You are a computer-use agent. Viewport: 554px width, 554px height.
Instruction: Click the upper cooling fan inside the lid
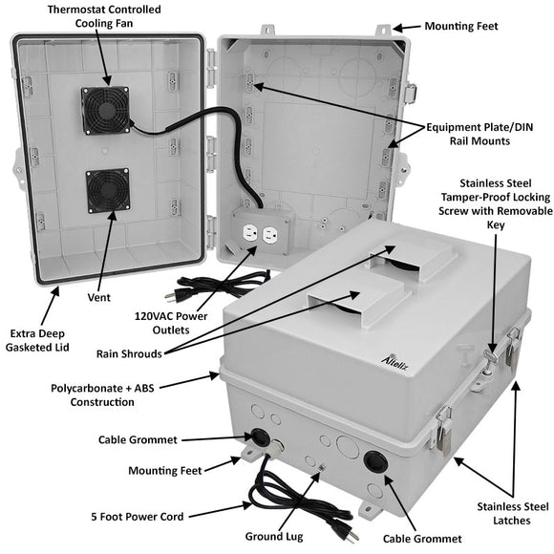pyautogui.click(x=105, y=110)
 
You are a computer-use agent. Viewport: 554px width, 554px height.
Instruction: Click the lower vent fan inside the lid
pyautogui.click(x=108, y=190)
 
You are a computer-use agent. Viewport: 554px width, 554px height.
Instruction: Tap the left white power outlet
pyautogui.click(x=250, y=233)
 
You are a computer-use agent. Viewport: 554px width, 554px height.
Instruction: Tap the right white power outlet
pyautogui.click(x=269, y=235)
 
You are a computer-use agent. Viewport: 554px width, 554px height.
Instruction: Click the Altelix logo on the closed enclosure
pyautogui.click(x=395, y=363)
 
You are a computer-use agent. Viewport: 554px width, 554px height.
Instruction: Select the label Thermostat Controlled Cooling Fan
pyautogui.click(x=104, y=16)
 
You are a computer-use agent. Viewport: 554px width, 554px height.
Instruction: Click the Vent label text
pyautogui.click(x=99, y=297)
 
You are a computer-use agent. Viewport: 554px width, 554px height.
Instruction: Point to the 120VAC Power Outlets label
pyautogui.click(x=171, y=323)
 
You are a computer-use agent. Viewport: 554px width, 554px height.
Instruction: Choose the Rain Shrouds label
pyautogui.click(x=129, y=353)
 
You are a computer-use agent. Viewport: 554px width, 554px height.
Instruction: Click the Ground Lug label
pyautogui.click(x=274, y=537)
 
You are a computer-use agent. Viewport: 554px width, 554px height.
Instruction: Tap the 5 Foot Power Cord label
pyautogui.click(x=138, y=517)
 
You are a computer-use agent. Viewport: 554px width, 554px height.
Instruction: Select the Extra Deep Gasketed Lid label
pyautogui.click(x=37, y=340)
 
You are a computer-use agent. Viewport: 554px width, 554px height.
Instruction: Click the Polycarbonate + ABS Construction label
pyautogui.click(x=102, y=395)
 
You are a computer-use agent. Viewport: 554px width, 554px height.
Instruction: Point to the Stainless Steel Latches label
pyautogui.click(x=513, y=513)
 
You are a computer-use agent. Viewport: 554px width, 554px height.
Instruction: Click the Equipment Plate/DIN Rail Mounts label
pyautogui.click(x=479, y=134)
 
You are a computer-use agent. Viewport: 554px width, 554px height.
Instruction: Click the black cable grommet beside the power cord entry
pyautogui.click(x=260, y=437)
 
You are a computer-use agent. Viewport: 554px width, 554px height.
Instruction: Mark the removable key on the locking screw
pyautogui.click(x=491, y=355)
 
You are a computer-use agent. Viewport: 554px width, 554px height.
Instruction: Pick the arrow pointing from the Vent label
pyautogui.click(x=107, y=251)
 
